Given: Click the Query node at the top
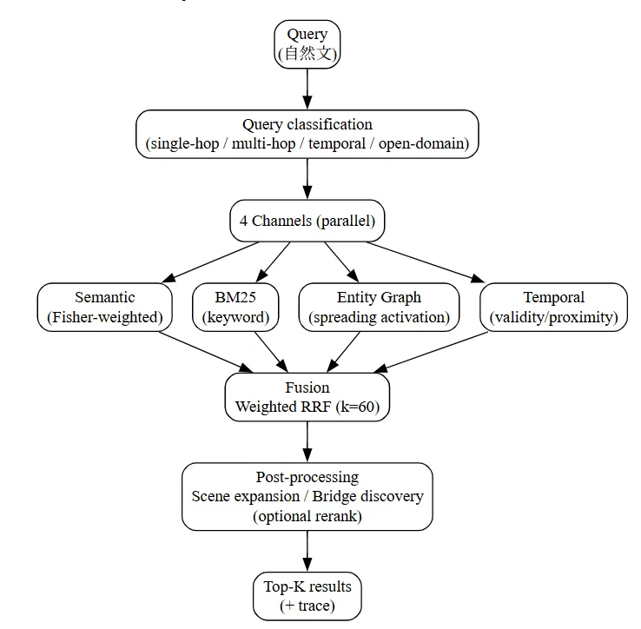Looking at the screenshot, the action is click(x=307, y=44).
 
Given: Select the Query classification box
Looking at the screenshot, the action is click(x=307, y=134).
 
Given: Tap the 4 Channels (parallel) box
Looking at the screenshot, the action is click(x=307, y=221).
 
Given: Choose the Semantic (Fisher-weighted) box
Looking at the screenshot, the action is click(x=104, y=308).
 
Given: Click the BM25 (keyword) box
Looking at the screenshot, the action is click(x=235, y=308).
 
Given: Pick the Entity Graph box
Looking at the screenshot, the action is click(x=379, y=308).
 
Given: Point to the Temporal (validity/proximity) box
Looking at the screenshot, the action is click(x=553, y=308).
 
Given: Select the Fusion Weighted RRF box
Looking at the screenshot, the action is click(x=307, y=397).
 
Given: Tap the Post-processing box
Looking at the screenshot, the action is click(x=307, y=496).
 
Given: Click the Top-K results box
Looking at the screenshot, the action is click(x=307, y=596).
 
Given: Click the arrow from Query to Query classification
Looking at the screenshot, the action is click(x=307, y=89).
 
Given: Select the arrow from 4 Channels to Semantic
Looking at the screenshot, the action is click(x=210, y=262).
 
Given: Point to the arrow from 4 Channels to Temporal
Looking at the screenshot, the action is click(x=426, y=262).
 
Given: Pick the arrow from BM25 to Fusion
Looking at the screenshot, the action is click(x=272, y=352).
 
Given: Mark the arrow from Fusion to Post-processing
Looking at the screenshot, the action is click(x=307, y=442).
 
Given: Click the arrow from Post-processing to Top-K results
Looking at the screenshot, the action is click(x=307, y=552).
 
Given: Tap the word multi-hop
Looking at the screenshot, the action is click(x=263, y=144).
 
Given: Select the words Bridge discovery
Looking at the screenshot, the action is click(x=368, y=496).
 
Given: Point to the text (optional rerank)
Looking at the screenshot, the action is click(x=307, y=516).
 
